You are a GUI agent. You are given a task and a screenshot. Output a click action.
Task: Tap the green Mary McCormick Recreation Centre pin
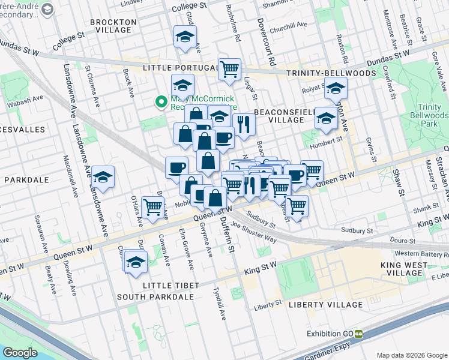pos(160,102)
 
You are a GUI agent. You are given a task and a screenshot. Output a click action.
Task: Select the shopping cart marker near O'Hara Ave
pos(153,207)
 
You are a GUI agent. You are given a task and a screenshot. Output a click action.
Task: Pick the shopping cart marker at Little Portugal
pos(229,69)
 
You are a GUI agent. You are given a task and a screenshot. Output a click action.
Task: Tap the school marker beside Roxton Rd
pos(336,88)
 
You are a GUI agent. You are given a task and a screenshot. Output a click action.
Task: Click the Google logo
pos(20,353)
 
